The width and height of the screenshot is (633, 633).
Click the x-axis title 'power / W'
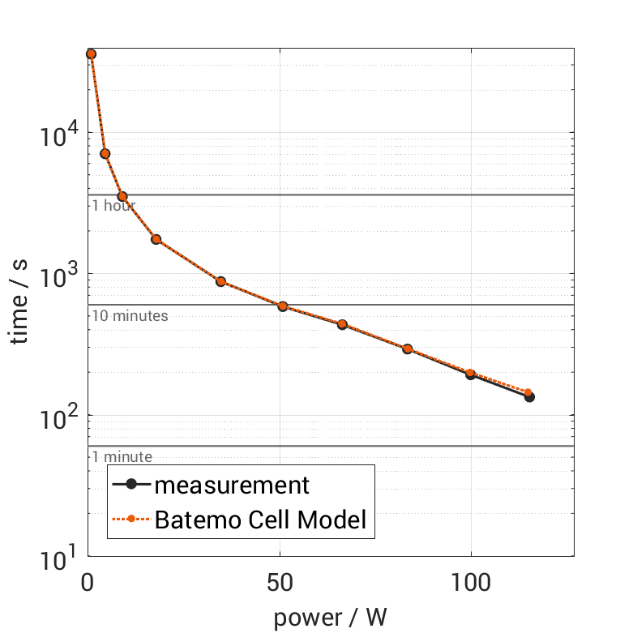click(331, 617)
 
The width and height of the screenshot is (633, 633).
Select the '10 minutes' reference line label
click(130, 316)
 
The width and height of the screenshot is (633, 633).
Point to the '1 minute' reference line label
click(122, 457)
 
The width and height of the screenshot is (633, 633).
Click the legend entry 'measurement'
click(232, 485)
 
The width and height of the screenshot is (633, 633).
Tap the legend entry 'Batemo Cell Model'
click(260, 520)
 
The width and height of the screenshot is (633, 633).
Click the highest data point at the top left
click(91, 53)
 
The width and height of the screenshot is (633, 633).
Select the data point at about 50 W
click(283, 306)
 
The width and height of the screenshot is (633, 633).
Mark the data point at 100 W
click(470, 374)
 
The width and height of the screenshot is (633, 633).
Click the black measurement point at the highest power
click(529, 396)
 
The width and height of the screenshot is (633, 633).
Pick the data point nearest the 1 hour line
click(122, 196)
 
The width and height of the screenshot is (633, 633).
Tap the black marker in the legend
click(132, 485)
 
